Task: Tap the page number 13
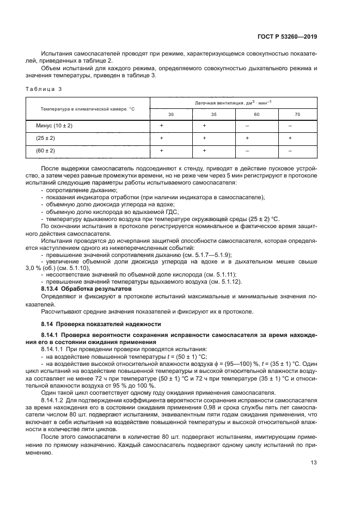click(313, 463)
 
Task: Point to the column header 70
click(290, 114)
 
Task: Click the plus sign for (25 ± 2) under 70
click(290, 138)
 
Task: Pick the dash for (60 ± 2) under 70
click(290, 150)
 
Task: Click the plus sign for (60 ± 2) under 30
click(162, 150)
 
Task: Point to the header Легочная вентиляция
click(225, 102)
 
